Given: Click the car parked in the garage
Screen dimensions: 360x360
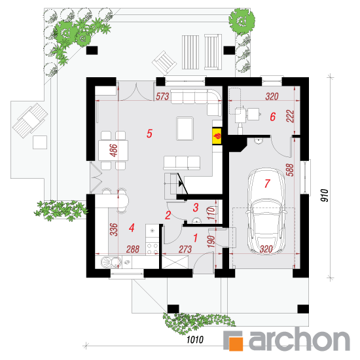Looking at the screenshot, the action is (266, 211).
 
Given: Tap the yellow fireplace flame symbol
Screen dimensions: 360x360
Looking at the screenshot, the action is (217, 136).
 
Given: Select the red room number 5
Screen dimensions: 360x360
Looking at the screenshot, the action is (149, 134).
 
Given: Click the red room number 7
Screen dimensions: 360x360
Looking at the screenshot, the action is (267, 183).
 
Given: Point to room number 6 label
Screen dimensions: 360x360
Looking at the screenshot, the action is (272, 117).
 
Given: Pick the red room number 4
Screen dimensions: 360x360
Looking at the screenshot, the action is (132, 228).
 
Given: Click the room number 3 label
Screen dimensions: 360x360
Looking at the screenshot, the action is (196, 207).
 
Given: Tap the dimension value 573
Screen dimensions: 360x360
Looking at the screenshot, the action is (162, 96).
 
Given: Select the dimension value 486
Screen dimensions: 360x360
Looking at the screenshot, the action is (114, 151).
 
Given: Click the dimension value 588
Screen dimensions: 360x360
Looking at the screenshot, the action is (290, 170).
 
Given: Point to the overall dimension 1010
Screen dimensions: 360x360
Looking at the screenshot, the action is (195, 340).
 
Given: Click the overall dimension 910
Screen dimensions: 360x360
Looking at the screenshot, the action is (325, 196).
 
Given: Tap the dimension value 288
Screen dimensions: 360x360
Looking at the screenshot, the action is (133, 249).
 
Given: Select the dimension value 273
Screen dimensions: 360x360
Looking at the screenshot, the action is (185, 249).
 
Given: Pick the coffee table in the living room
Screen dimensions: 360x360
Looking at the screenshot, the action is (185, 128).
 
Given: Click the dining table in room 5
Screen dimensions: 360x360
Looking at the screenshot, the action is (113, 151).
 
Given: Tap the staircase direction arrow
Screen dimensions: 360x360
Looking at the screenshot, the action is (181, 183).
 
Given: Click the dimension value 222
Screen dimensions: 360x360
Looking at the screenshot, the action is (290, 116).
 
